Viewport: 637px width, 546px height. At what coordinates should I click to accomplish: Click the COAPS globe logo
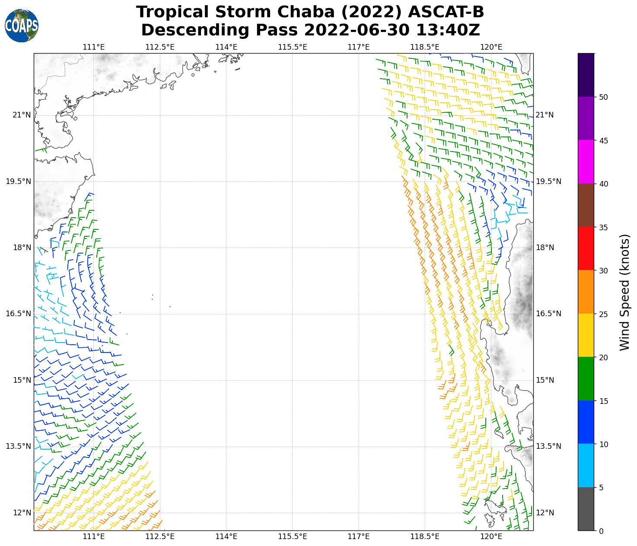click(x=22, y=26)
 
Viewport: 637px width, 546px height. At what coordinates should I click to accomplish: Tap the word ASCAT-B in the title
click(x=446, y=12)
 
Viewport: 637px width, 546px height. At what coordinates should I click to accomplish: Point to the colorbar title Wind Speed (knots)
click(x=624, y=292)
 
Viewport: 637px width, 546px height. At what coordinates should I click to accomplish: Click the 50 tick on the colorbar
click(x=603, y=97)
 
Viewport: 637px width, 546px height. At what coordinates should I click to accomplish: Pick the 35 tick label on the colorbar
click(x=603, y=227)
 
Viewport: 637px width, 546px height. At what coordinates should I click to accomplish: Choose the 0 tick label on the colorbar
click(x=601, y=531)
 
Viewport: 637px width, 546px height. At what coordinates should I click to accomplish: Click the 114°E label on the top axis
click(x=226, y=47)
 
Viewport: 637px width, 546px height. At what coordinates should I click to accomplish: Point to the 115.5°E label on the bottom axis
click(x=293, y=537)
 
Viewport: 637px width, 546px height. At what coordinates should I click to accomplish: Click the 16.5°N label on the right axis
click(x=548, y=314)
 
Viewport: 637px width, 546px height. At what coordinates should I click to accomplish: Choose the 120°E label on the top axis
click(x=491, y=47)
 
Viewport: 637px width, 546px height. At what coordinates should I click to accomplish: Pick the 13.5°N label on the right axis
click(x=548, y=446)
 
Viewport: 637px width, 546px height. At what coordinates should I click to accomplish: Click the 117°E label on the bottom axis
click(x=359, y=537)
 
